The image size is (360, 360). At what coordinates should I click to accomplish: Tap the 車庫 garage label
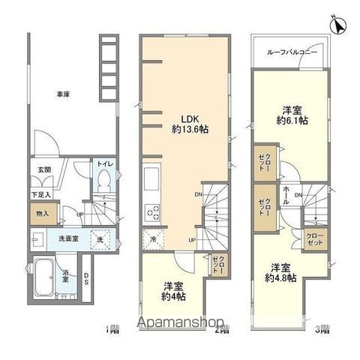pyautogui.click(x=63, y=95)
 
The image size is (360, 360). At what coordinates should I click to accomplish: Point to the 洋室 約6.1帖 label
pyautogui.click(x=289, y=113)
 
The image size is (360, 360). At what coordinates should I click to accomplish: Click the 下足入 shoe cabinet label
pyautogui.click(x=40, y=195)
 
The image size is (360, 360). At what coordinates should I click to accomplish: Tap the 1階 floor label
pyautogui.click(x=112, y=328)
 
